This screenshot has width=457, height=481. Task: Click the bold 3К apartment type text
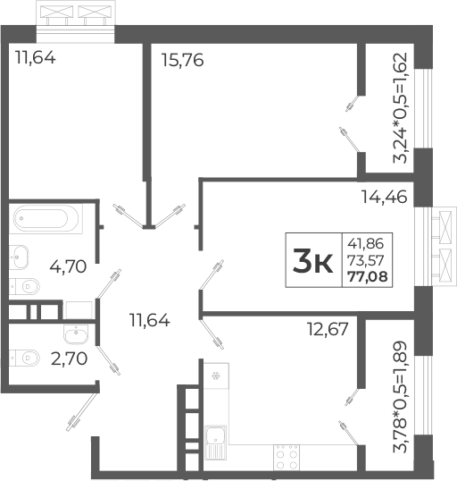pos(312,261)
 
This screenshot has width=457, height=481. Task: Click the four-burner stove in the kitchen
pos(285,458)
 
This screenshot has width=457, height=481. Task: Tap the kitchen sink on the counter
pos(215,438)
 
